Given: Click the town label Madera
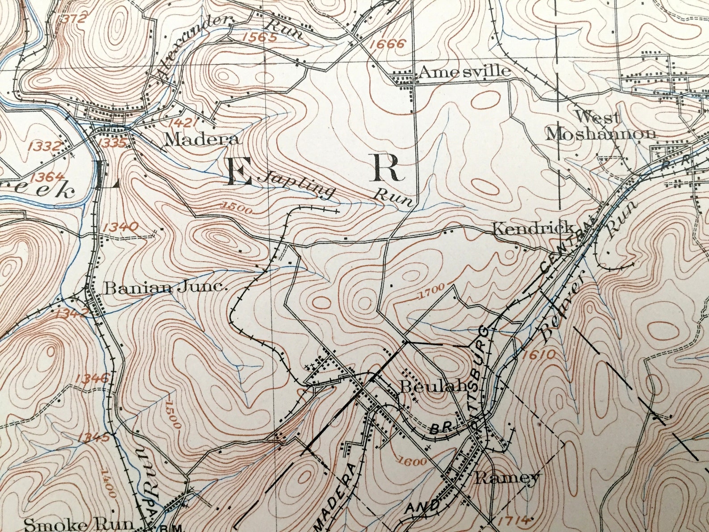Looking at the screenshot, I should [x=201, y=139].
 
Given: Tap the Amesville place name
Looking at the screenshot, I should [x=464, y=71].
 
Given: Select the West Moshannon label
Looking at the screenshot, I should [x=601, y=126].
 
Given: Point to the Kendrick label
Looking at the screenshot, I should [x=533, y=228].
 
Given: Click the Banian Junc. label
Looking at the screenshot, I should [x=166, y=288].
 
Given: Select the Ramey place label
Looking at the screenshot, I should [x=507, y=478].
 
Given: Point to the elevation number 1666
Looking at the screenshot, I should [x=388, y=44].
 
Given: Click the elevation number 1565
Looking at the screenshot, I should [x=260, y=37].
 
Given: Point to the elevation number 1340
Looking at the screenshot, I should [x=120, y=227].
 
